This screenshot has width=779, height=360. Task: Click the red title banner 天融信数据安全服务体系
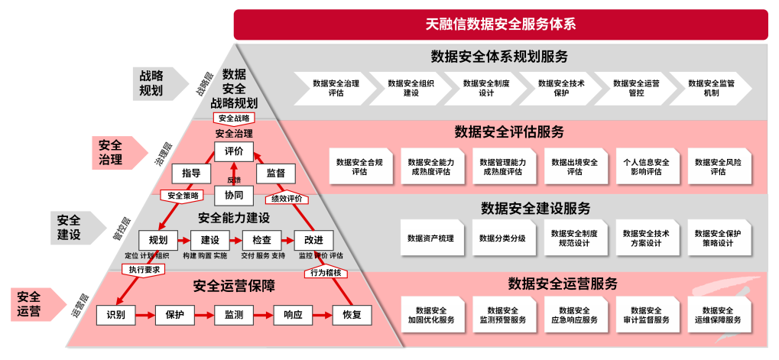(x=500, y=24)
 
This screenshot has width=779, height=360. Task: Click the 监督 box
(x=275, y=174)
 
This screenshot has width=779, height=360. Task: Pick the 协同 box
(x=233, y=195)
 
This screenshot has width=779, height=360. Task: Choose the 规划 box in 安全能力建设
(x=157, y=240)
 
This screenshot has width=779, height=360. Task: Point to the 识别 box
(x=116, y=314)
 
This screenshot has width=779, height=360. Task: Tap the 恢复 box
(x=351, y=314)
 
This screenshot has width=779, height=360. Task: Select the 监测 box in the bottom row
(x=234, y=314)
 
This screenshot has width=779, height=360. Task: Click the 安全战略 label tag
(x=233, y=118)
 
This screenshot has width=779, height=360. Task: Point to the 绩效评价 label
(x=287, y=199)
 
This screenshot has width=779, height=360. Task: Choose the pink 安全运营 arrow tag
(x=34, y=303)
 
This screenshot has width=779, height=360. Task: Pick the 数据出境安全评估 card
(x=574, y=167)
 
